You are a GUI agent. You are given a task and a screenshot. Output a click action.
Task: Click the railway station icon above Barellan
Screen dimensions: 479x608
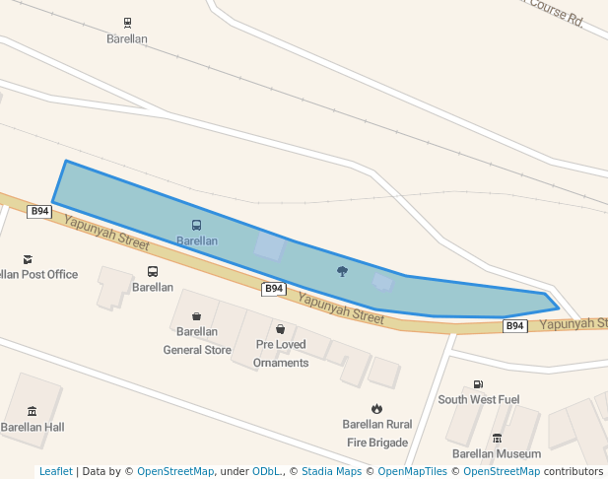click(x=127, y=23)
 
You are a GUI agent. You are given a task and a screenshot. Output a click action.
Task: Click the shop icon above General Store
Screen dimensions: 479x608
click(x=196, y=316)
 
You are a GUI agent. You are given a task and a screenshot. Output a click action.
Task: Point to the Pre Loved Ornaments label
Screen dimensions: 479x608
click(x=281, y=354)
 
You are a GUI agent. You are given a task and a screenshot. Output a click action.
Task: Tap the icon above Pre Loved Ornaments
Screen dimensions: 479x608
click(x=281, y=329)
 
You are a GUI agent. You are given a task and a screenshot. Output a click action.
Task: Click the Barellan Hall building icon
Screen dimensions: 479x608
click(x=32, y=411)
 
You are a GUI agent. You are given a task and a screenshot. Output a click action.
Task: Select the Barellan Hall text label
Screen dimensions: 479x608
click(x=32, y=427)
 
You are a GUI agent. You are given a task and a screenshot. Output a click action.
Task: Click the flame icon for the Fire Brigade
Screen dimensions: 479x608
click(x=376, y=408)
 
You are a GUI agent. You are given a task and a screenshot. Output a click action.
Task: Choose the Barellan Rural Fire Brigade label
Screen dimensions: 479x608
click(x=376, y=434)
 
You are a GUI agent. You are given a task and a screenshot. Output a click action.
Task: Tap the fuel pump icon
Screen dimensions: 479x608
click(x=478, y=384)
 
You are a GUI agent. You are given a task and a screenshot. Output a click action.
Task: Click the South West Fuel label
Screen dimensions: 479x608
click(x=478, y=399)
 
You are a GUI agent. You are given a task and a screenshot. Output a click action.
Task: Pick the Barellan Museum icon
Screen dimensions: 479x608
click(x=497, y=438)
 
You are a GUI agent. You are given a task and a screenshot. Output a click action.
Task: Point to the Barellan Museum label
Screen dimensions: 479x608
click(x=497, y=453)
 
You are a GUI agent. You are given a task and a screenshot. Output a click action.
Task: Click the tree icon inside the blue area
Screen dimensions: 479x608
click(x=342, y=271)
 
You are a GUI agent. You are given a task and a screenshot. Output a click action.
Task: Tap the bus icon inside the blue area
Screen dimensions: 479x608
click(x=196, y=226)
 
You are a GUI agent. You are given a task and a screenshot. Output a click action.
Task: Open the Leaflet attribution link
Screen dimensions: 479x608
click(x=55, y=471)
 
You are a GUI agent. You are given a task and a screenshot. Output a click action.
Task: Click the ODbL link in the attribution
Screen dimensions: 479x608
click(x=265, y=471)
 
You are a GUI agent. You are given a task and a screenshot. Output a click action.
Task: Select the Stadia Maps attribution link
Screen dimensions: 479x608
click(x=331, y=471)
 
